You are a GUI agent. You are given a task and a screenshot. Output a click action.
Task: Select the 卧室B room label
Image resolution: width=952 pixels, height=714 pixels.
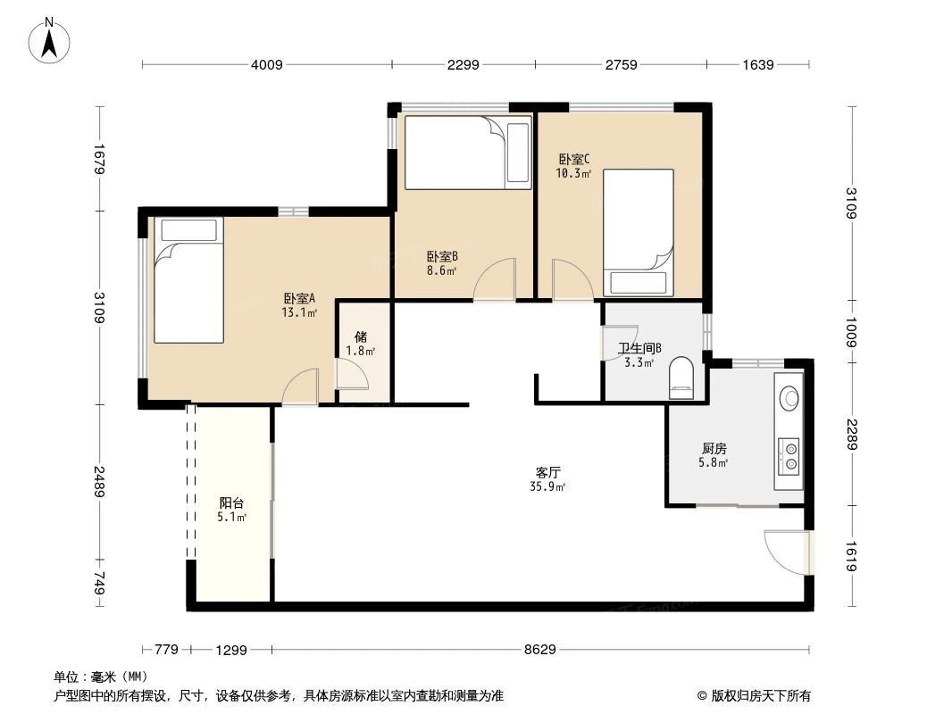[441, 255]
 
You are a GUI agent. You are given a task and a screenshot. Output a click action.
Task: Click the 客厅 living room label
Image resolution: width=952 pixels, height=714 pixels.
[547, 472]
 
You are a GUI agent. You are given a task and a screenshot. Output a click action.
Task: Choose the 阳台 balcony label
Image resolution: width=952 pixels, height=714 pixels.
[231, 502]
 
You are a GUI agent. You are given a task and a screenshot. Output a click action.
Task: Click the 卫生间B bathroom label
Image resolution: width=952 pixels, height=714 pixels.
[639, 349]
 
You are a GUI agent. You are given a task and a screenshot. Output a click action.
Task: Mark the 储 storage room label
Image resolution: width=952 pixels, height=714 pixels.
[360, 337]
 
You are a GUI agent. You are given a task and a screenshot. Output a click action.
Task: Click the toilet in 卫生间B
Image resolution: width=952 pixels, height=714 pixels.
[681, 378]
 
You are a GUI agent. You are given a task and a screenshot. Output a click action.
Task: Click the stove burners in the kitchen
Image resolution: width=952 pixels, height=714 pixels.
[789, 454]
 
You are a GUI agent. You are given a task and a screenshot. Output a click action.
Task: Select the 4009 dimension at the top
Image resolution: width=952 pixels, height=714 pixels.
[266, 64]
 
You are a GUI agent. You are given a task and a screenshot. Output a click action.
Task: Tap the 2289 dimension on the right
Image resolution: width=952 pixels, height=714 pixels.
[852, 436]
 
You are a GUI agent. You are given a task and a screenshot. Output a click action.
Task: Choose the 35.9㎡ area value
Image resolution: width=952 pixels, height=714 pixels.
[547, 486]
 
